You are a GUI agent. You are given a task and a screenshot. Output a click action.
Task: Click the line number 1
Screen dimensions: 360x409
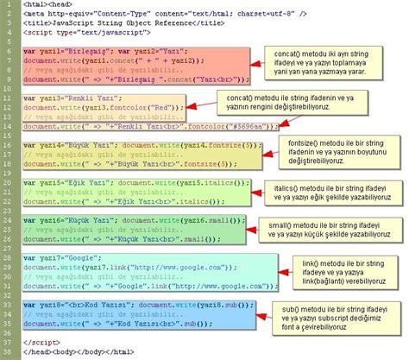pyautogui.click(x=7, y=5)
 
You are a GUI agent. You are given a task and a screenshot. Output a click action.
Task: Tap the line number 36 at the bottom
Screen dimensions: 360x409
pyautogui.click(x=7, y=352)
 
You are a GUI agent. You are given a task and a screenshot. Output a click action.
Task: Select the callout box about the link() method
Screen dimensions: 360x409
pyautogui.click(x=336, y=274)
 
